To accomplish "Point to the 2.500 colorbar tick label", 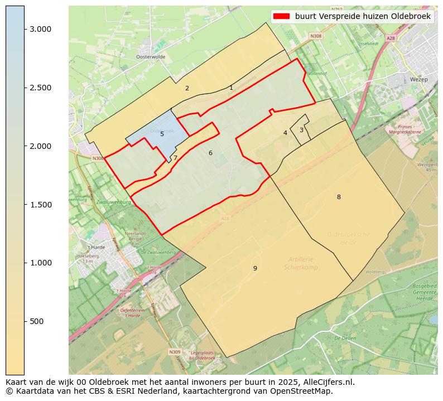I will (x=40, y=88).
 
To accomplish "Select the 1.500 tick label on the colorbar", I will (x=40, y=205).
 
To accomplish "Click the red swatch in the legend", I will (x=282, y=16).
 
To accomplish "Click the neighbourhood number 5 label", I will (x=162, y=134).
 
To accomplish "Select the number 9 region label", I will (x=255, y=268).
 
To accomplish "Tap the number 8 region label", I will (x=339, y=197).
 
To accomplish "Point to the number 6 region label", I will (x=210, y=153).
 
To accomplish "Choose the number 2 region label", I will (x=187, y=88).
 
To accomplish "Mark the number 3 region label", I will (x=301, y=130).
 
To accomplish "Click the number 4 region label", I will (x=285, y=133).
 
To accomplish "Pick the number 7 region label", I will (x=175, y=158).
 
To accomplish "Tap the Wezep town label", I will (x=418, y=79).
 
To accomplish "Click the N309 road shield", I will (x=175, y=352).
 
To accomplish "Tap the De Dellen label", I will (x=345, y=339).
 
